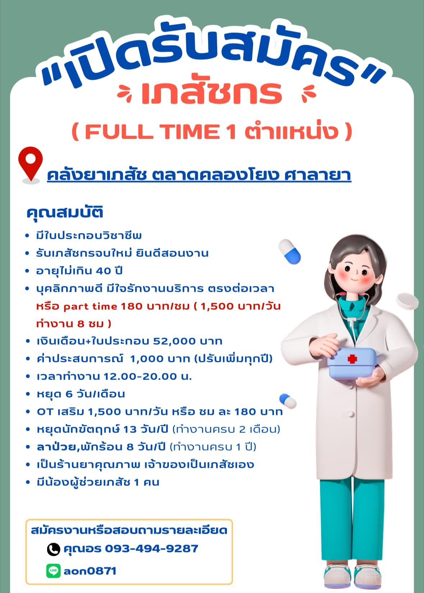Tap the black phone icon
tap(54, 549)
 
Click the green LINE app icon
tap(54, 571)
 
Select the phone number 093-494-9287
tap(151, 548)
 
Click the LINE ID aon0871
tap(90, 571)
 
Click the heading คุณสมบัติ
tap(64, 212)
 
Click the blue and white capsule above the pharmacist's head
tap(289, 251)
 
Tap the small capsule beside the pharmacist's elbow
tap(288, 401)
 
